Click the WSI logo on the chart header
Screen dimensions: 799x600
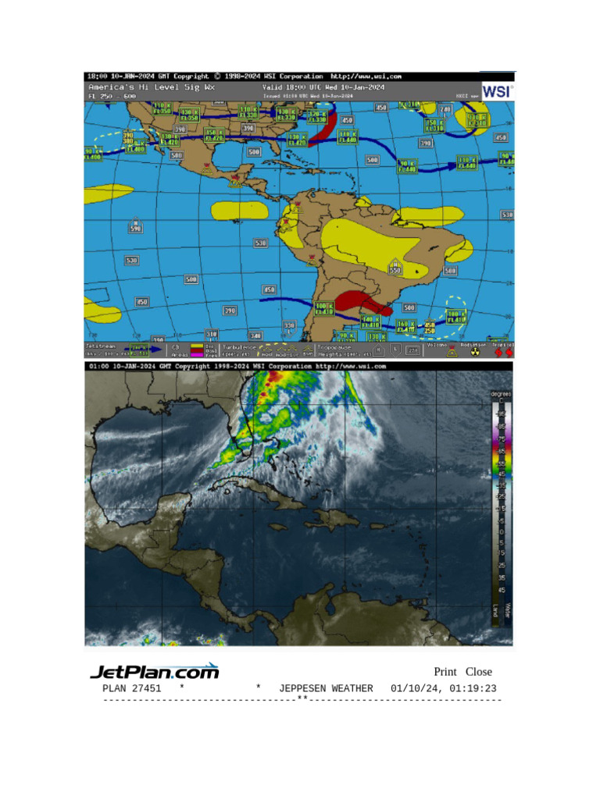tap(497, 91)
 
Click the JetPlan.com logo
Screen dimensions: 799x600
tap(155, 671)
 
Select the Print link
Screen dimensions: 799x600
tap(445, 672)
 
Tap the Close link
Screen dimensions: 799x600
tap(479, 672)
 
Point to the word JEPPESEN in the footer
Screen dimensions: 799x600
tap(303, 688)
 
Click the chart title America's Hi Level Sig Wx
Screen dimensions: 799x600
tap(141, 87)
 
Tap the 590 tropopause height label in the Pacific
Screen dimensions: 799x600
tap(135, 228)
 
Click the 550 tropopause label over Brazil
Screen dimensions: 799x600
tap(395, 270)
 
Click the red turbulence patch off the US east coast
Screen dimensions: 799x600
tap(322, 130)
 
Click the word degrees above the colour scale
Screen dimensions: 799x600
tap(501, 394)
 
